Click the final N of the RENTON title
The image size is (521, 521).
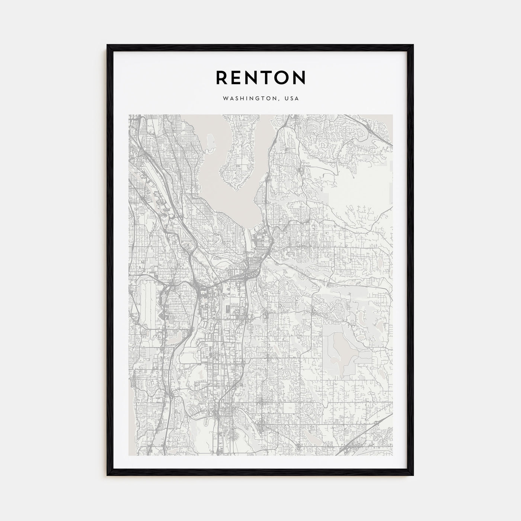(300, 77)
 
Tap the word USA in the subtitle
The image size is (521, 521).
(291, 99)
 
